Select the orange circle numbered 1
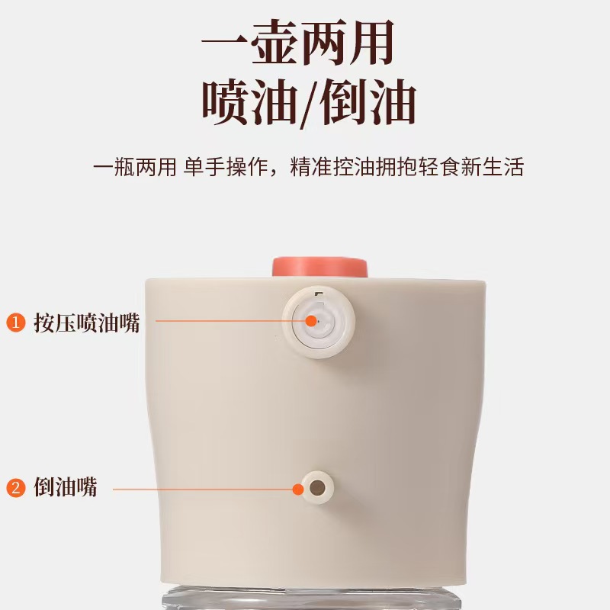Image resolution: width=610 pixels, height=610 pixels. tap(15, 322)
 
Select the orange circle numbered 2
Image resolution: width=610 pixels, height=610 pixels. tap(15, 488)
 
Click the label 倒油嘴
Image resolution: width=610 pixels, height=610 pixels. tap(66, 488)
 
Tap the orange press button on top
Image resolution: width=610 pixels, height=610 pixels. tap(320, 267)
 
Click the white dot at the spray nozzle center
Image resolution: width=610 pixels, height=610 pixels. tap(311, 321)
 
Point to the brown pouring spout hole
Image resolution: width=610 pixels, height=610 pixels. tap(316, 486)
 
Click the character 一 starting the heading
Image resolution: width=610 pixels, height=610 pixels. tap(224, 43)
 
